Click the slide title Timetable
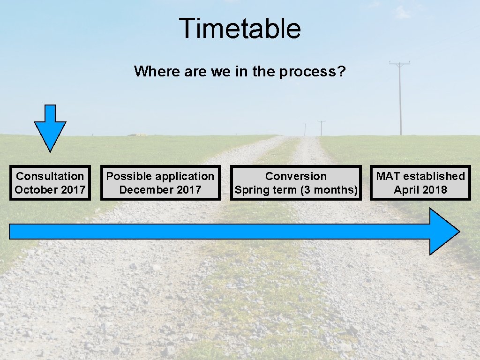point(240,28)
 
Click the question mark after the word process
point(342,72)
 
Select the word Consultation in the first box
point(50,176)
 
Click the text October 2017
point(50,190)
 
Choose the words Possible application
point(160,176)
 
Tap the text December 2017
point(160,190)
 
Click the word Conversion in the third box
point(296,176)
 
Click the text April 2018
point(420,190)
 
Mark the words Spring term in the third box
point(265,190)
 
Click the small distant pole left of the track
point(305,129)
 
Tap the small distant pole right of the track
point(321,127)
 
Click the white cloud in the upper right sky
point(402,12)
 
